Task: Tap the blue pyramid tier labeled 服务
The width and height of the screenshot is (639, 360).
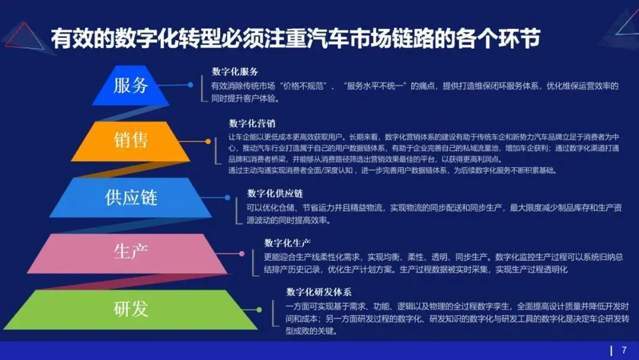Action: [x=131, y=85]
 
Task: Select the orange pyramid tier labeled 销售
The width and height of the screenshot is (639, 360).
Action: [x=131, y=140]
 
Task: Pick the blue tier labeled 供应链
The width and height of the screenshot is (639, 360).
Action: [x=131, y=197]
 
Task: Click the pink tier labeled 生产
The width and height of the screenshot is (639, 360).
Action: [x=131, y=252]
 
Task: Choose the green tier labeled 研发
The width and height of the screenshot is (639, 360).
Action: [x=131, y=308]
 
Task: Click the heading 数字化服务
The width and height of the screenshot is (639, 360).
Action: [x=235, y=72]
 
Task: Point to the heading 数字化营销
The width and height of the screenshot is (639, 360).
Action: [x=252, y=123]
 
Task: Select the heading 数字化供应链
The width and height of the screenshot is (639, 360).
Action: [x=275, y=194]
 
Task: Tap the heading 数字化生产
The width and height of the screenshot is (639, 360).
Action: [x=288, y=243]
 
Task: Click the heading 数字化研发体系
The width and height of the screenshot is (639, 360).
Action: [x=319, y=292]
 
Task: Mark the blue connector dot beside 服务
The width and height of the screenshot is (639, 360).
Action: [x=191, y=85]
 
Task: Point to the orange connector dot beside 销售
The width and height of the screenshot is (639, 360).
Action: [x=208, y=141]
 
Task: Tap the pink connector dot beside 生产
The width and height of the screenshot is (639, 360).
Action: [x=242, y=253]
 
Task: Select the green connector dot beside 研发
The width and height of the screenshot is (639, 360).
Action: [x=259, y=309]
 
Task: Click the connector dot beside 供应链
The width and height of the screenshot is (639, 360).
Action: [x=225, y=197]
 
